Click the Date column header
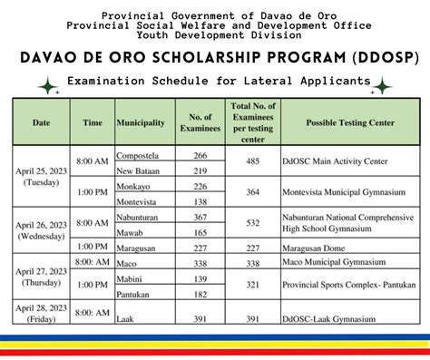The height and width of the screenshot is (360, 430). click(41, 122)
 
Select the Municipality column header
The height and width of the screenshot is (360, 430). click(140, 122)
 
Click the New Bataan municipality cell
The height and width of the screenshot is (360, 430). click(138, 171)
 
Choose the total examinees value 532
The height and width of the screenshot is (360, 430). click(253, 223)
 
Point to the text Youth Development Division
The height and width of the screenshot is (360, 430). click(215, 35)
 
